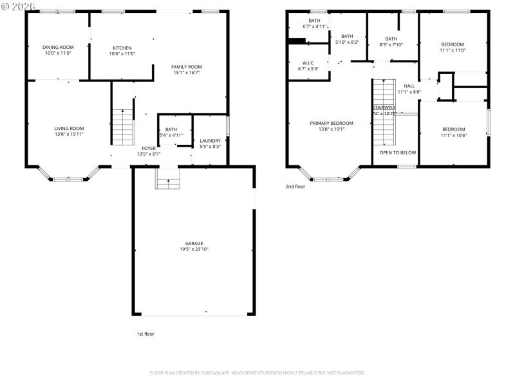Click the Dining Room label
58,47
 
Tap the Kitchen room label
122,48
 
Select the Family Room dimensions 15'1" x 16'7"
187,73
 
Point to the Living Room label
69,128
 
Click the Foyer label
149,148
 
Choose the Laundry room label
210,141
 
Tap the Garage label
194,243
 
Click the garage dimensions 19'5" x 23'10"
194,249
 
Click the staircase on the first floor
122,127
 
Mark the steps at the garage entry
167,178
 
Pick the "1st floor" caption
145,334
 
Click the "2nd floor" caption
295,187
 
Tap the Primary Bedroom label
332,123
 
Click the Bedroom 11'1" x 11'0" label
453,44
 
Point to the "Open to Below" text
397,152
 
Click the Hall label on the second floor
409,86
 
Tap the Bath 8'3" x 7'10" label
391,39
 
